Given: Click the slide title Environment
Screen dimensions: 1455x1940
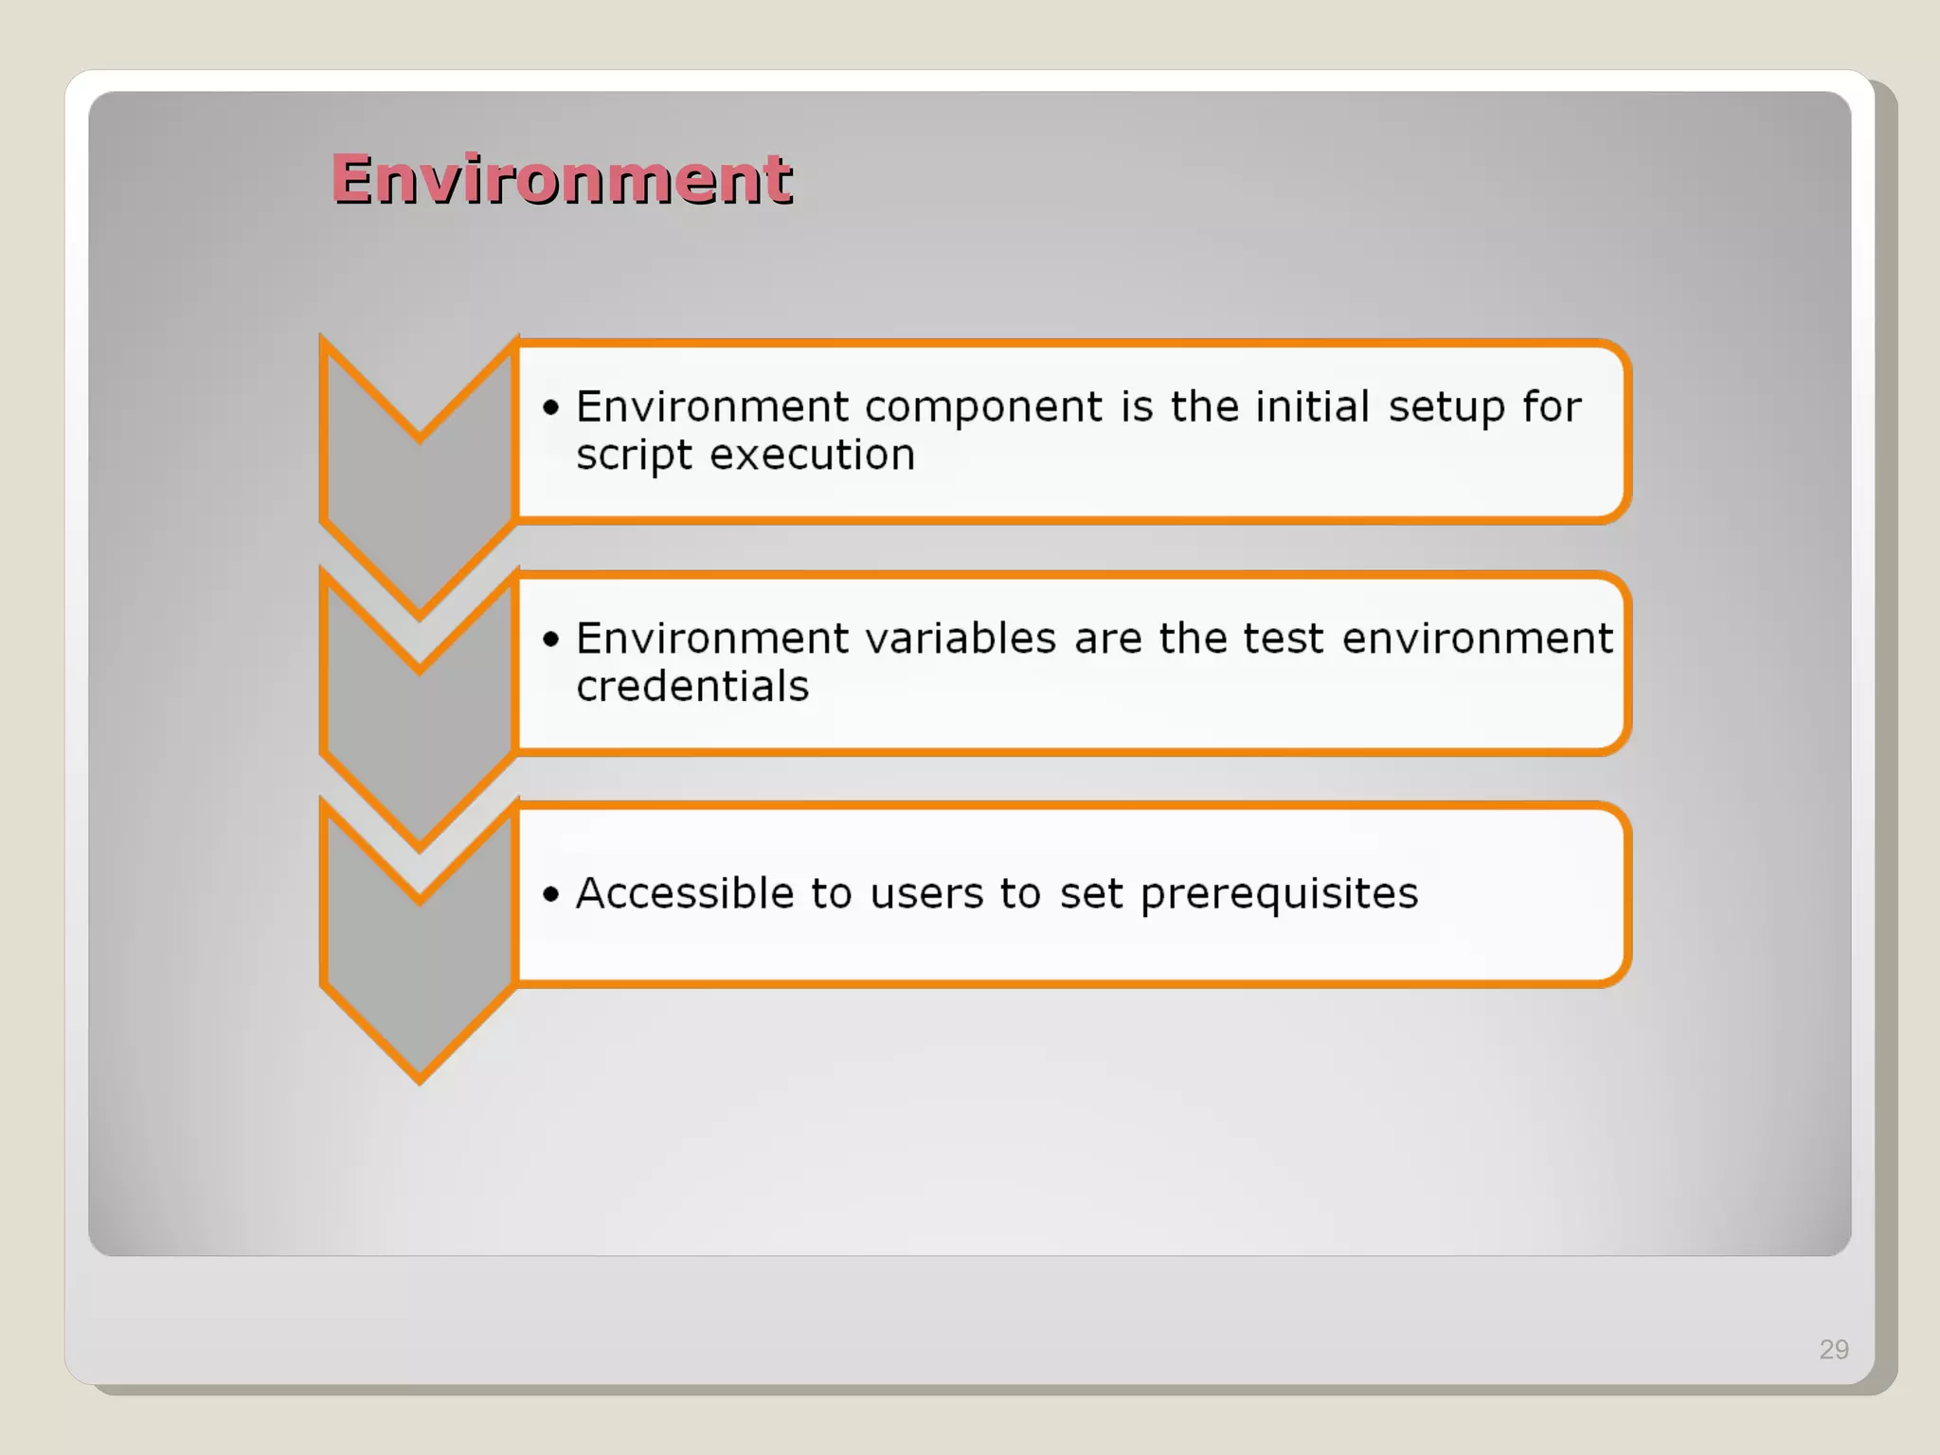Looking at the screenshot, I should pyautogui.click(x=561, y=179).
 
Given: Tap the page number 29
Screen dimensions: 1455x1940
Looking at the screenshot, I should pyautogui.click(x=1833, y=1349).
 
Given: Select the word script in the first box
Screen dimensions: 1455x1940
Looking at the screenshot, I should pyautogui.click(x=634, y=457).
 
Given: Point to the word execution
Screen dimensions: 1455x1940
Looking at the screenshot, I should pyautogui.click(x=812, y=456).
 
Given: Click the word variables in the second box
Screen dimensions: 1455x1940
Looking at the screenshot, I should pyautogui.click(x=960, y=638).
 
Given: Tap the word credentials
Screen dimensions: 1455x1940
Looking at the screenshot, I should pyautogui.click(x=692, y=687).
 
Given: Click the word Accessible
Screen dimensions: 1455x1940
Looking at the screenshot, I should pyautogui.click(x=685, y=893).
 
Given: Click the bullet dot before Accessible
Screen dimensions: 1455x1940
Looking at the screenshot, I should pyautogui.click(x=551, y=894).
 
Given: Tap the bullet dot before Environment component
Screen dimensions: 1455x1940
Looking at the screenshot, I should pyautogui.click(x=551, y=407).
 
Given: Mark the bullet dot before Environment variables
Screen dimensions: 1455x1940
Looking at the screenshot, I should pyautogui.click(x=551, y=639).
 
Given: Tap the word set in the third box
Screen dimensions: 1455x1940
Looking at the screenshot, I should pyautogui.click(x=1090, y=894).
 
